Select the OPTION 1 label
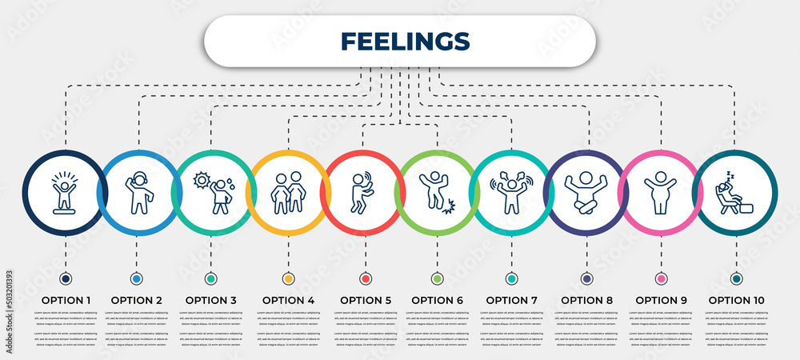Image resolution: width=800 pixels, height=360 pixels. click(66, 300)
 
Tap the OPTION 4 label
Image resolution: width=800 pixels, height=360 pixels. click(288, 300)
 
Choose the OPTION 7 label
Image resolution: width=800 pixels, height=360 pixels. click(511, 300)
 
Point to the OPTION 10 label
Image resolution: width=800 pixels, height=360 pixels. click(736, 300)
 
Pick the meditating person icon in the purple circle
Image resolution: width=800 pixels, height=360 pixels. click(586, 192)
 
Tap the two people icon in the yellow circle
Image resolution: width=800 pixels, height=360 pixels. click(288, 192)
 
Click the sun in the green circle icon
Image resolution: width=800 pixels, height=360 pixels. click(201, 180)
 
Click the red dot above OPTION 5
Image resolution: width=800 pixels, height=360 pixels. click(366, 278)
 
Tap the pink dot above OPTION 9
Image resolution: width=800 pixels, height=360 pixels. click(661, 278)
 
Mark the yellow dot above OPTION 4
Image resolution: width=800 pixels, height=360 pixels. click(288, 278)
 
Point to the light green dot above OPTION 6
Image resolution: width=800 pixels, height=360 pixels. click(437, 278)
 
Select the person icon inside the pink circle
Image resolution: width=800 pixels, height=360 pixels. click(661, 192)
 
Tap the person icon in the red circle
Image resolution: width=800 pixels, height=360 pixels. click(362, 192)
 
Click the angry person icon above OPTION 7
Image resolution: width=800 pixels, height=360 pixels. click(511, 192)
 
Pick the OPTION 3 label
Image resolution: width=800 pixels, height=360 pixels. click(211, 300)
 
